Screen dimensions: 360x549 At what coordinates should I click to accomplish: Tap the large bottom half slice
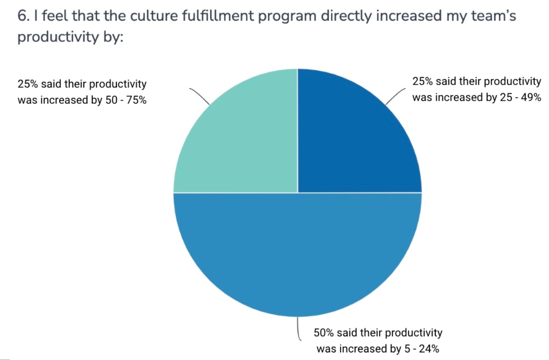click(297, 251)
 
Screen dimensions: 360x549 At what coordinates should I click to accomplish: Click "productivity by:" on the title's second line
click(70, 38)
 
